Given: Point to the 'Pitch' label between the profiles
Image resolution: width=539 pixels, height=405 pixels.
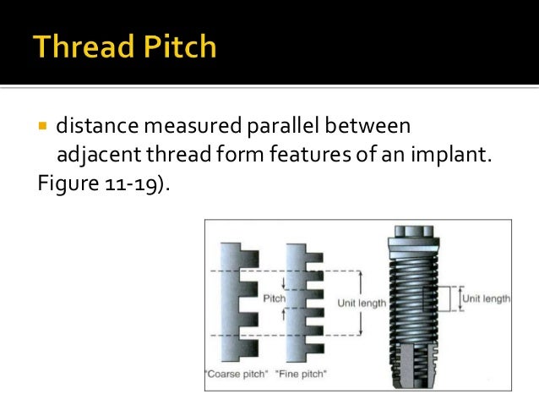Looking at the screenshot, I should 275,298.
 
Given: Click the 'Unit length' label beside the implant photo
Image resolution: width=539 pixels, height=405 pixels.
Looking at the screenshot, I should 486,298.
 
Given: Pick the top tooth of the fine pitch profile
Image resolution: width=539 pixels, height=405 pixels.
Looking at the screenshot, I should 311,251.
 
